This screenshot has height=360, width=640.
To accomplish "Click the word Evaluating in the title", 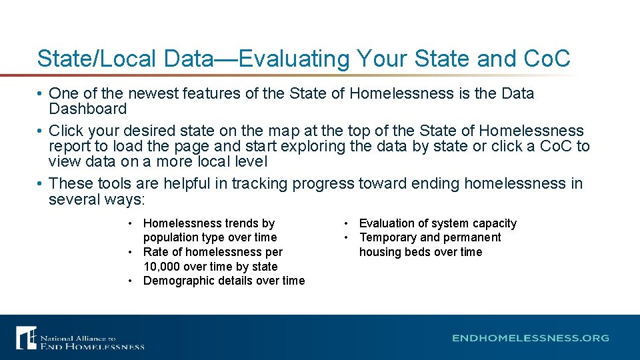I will tap(294, 59).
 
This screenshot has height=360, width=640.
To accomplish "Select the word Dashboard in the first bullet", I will tap(87, 109).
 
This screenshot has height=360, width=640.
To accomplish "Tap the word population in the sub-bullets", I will tap(170, 237).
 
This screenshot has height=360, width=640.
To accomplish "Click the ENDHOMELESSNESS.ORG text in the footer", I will tap(531, 338).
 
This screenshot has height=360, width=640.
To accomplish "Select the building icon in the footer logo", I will tap(26, 337).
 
